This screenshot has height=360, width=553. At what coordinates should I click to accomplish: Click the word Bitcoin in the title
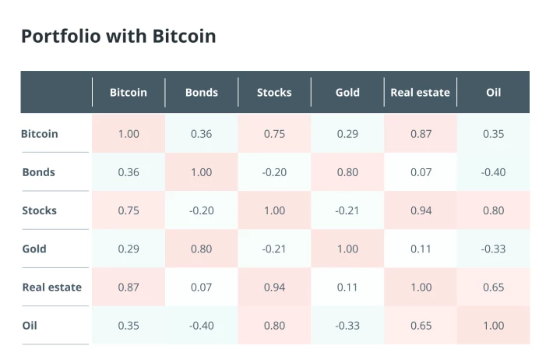(184, 36)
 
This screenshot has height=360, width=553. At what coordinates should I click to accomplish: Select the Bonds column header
(202, 93)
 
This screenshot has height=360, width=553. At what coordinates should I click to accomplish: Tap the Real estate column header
(420, 93)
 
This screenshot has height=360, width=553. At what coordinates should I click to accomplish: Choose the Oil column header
(493, 93)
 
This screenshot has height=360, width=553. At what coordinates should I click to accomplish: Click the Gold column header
(347, 93)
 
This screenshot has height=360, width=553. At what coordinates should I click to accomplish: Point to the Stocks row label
(39, 210)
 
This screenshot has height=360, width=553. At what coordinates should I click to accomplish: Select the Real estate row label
(52, 287)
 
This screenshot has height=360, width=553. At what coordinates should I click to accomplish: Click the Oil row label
(30, 326)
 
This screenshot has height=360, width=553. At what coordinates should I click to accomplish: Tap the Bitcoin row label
(40, 134)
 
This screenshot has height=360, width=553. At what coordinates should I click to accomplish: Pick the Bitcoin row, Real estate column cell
(421, 134)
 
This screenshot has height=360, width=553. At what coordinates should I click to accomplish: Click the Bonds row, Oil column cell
(493, 172)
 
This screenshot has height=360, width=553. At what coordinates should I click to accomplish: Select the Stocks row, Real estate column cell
(421, 210)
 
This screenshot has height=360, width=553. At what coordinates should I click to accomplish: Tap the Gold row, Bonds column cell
(202, 249)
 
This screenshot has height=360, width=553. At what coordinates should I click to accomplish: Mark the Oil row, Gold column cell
(347, 326)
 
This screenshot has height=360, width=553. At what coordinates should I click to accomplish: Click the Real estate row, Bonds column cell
(202, 287)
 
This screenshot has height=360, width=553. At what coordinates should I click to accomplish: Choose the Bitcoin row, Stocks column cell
(274, 134)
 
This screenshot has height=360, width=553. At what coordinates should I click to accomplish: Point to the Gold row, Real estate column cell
(421, 249)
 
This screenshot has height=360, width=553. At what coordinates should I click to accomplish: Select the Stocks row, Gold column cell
(347, 210)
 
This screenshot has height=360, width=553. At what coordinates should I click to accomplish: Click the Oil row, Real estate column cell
(421, 326)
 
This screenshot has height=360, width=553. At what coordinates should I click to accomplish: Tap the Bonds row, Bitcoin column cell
(129, 172)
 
